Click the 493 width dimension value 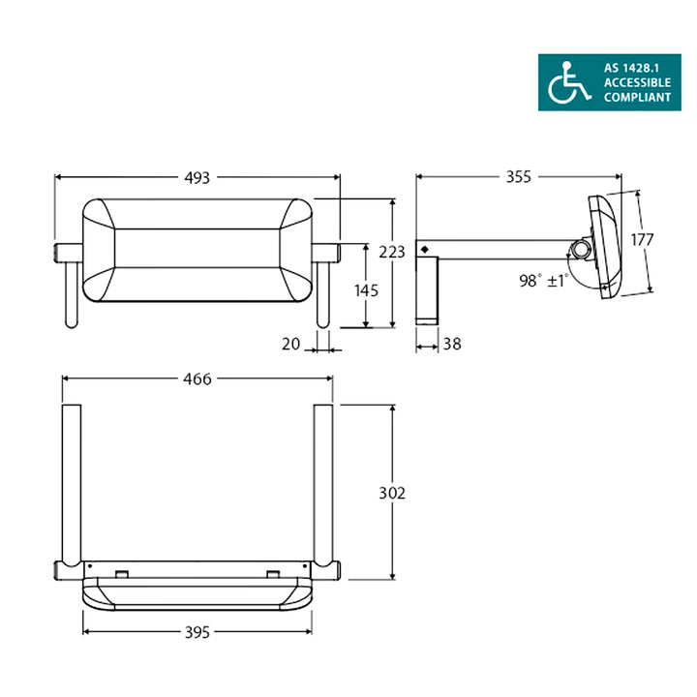[x=197, y=177]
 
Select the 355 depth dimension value [x=518, y=177]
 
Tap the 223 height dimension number [x=391, y=253]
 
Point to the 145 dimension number [x=366, y=290]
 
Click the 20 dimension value [x=289, y=342]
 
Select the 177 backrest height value [x=642, y=239]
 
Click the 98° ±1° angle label [x=543, y=281]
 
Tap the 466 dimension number [x=197, y=379]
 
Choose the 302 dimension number [x=391, y=493]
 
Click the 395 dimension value [x=197, y=631]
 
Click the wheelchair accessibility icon [x=568, y=83]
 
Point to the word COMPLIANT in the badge [x=637, y=98]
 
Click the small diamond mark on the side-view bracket [x=424, y=250]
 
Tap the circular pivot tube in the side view [x=581, y=249]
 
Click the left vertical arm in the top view [x=71, y=484]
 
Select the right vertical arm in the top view [x=322, y=484]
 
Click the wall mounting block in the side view [x=429, y=290]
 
